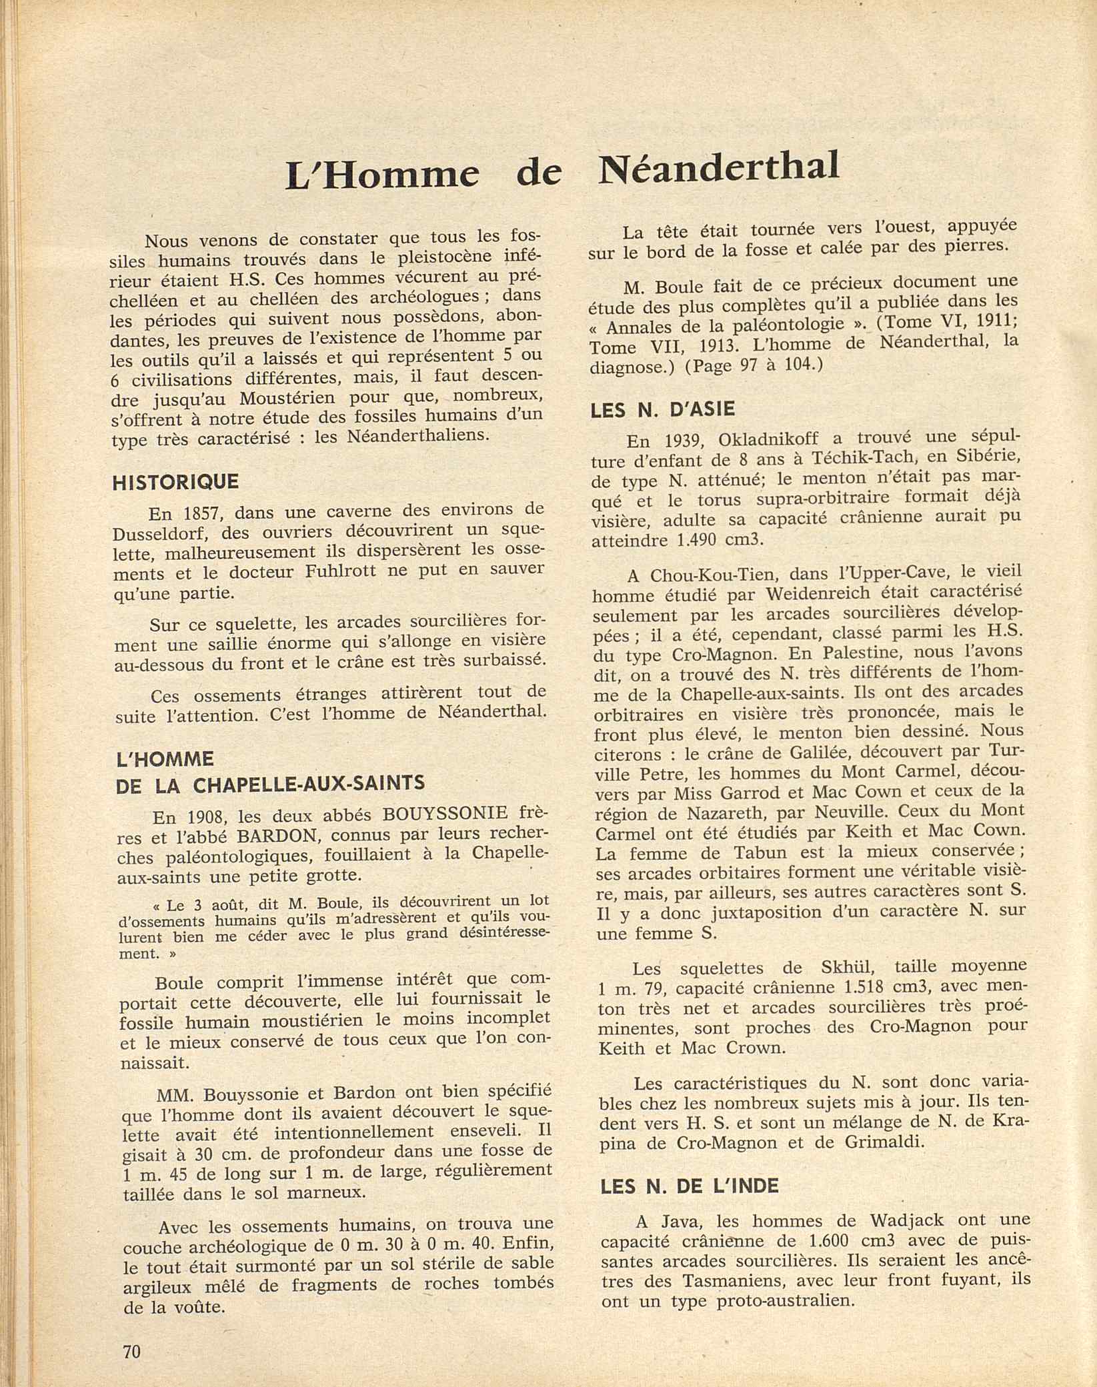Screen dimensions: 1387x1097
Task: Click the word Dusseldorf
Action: pos(159,535)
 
